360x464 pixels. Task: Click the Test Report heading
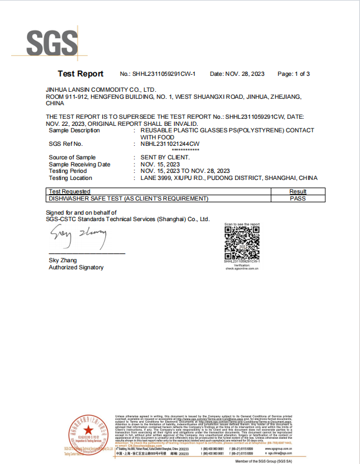click(x=80, y=74)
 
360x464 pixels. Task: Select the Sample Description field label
click(x=74, y=130)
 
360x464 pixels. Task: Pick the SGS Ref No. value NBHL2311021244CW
click(x=170, y=143)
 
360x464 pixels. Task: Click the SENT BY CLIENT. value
click(x=165, y=158)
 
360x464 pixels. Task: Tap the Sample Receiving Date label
click(x=79, y=165)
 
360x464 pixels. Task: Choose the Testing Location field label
click(x=71, y=178)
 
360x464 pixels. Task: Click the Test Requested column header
click(x=69, y=192)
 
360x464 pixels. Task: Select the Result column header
click(x=298, y=192)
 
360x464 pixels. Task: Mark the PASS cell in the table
click(x=298, y=199)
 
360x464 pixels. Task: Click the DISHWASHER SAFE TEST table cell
click(x=129, y=199)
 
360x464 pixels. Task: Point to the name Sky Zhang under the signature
click(x=62, y=260)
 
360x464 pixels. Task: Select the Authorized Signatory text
click(x=76, y=268)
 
